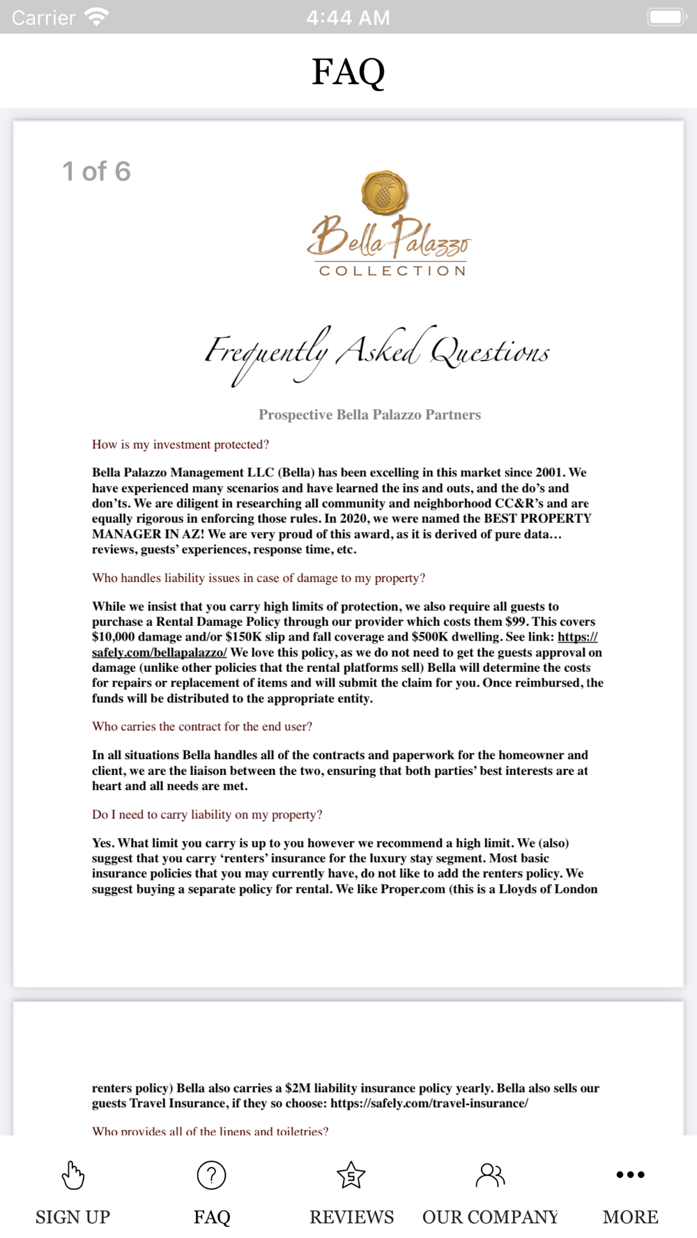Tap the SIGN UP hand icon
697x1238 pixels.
(72, 1175)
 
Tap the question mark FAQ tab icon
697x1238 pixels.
(211, 1175)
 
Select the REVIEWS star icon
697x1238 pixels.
(351, 1175)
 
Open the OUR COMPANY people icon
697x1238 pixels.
(490, 1175)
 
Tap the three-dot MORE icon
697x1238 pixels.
(630, 1175)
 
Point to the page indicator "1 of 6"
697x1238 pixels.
(96, 171)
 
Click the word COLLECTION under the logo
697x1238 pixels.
(392, 271)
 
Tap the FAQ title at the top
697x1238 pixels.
(348, 71)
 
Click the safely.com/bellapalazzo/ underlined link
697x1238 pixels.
(160, 652)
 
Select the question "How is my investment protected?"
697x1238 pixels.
(181, 444)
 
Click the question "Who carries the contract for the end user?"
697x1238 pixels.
(202, 726)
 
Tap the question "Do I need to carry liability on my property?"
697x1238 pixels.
(207, 815)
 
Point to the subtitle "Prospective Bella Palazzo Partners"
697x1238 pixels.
(369, 415)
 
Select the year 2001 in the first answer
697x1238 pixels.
(549, 473)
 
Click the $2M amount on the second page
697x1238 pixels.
(298, 1088)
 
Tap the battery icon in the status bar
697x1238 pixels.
(667, 17)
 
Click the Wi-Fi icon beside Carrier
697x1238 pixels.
(96, 17)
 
